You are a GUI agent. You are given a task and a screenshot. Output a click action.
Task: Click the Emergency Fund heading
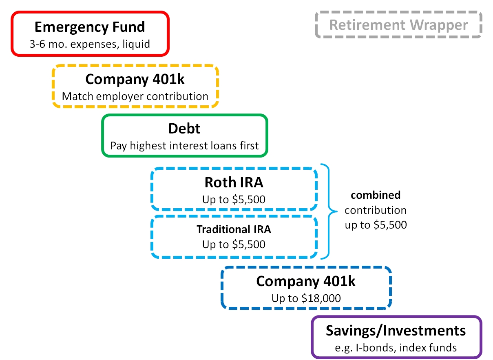pos(90,27)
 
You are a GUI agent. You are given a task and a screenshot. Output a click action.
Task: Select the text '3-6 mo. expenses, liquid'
pos(90,44)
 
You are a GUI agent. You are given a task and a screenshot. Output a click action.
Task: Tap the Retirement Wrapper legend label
pos(398,25)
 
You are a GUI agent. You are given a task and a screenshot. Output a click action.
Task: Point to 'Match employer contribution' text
pos(135,96)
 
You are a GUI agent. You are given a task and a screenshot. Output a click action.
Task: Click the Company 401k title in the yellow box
pos(135,79)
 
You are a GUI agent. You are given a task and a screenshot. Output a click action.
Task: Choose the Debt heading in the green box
pos(184,129)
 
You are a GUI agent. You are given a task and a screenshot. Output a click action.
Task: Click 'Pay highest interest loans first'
pos(184,146)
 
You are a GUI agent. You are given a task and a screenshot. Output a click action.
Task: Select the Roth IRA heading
pos(234,182)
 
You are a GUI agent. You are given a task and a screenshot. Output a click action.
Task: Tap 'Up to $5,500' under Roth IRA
pos(234,200)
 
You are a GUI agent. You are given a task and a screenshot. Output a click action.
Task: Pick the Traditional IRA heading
pos(234,229)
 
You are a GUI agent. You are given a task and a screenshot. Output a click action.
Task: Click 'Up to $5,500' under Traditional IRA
pos(234,244)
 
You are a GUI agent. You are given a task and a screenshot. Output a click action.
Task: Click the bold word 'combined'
pos(376,195)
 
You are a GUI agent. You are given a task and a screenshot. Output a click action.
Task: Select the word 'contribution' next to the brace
pos(376,210)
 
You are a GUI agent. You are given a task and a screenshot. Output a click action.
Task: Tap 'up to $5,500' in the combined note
pos(376,225)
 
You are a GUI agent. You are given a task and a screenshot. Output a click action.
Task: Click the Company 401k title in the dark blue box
pos(306,282)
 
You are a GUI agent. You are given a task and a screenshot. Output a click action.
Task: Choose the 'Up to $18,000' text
pos(306,298)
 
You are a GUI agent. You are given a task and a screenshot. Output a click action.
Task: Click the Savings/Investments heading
pos(396,331)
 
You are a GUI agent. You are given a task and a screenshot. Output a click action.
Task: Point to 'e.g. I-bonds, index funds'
pos(396,348)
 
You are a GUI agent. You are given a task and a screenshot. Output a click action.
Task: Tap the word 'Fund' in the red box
pos(129,27)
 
